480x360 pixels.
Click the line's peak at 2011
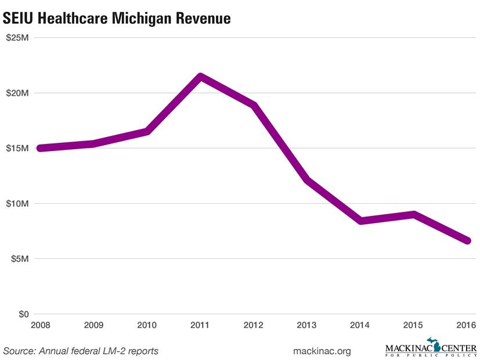(x=200, y=77)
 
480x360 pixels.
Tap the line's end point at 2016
(x=467, y=240)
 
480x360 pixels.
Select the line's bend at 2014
(x=360, y=221)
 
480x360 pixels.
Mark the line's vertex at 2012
(x=254, y=105)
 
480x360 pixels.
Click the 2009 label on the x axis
(x=93, y=325)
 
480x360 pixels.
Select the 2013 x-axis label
(x=307, y=325)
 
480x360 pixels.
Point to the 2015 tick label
(x=414, y=325)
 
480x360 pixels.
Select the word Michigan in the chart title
(x=138, y=19)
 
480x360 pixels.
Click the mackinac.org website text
(x=323, y=351)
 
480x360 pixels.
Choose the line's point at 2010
(x=147, y=132)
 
